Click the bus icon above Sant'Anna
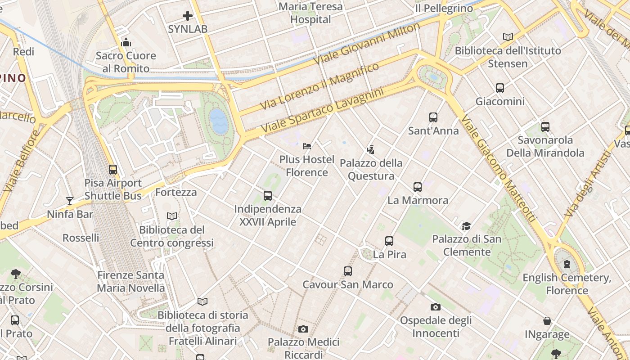(433, 117)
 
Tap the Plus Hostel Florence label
(307, 166)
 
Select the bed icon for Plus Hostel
(307, 146)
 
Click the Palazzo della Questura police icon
(371, 150)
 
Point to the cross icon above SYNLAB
(188, 16)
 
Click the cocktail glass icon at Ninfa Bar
(70, 201)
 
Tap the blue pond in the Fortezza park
(219, 121)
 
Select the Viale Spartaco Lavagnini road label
(322, 110)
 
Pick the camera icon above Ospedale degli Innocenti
(435, 307)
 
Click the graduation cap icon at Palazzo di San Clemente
(466, 226)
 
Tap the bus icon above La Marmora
(418, 187)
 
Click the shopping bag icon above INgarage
(547, 321)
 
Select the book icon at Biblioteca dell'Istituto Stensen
(508, 37)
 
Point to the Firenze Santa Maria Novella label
(131, 282)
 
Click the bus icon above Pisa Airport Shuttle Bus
(113, 170)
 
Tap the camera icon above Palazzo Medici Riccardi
(303, 329)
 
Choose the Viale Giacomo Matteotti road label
(499, 169)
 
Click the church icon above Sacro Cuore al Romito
(126, 43)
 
